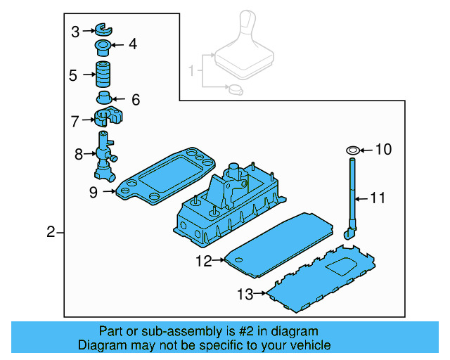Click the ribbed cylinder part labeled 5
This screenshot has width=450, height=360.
coord(105,74)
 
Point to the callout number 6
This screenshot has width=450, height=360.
coord(136,100)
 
